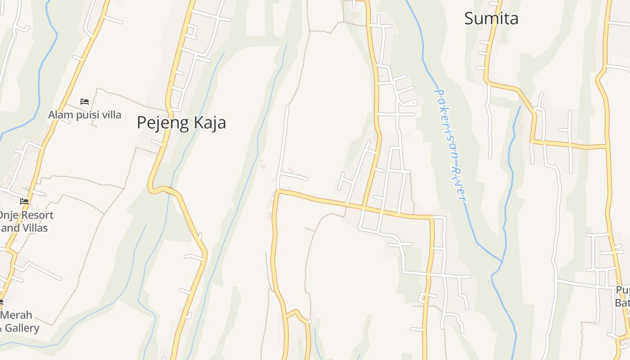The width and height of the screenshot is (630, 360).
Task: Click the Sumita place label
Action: tap(491, 18)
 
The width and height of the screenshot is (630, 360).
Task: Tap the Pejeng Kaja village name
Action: tap(181, 123)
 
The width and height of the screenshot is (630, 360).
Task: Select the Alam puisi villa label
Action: tap(85, 115)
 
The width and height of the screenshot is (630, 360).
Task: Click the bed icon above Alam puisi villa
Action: tap(85, 102)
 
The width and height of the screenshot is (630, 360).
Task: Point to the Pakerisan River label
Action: tap(450, 144)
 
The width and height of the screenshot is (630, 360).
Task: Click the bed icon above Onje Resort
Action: tap(24, 202)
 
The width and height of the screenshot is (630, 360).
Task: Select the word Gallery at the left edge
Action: tap(22, 328)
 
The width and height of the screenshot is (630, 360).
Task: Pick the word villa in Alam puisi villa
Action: tap(111, 115)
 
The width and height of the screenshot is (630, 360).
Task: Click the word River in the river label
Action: tap(459, 184)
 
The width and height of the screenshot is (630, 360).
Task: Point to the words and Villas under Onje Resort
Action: tap(24, 228)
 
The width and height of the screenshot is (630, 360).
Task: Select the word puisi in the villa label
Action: tap(87, 115)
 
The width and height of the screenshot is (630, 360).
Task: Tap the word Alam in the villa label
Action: tap(60, 115)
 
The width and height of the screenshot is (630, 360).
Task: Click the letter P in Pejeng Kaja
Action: tap(142, 122)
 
